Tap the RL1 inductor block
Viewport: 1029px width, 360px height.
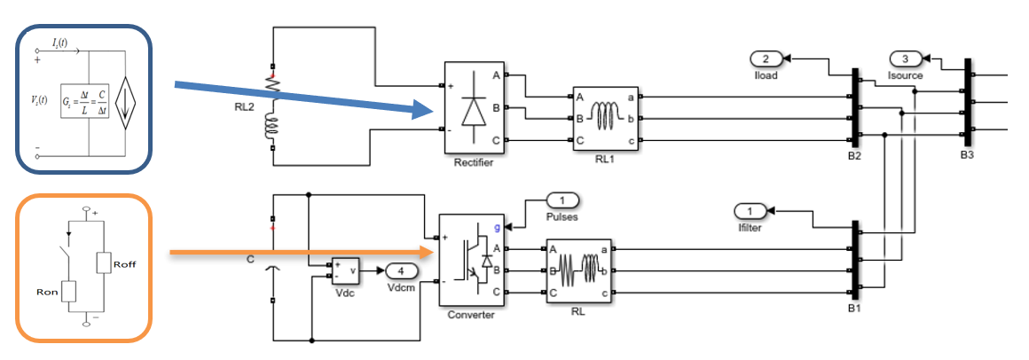(607, 119)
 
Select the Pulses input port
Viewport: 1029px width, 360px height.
(562, 201)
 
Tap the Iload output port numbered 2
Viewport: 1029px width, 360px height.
(766, 59)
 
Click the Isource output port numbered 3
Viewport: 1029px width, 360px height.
(905, 59)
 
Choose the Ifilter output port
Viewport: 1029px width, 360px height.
(750, 211)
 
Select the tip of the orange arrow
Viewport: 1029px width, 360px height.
(436, 253)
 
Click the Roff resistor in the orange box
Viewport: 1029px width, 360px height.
(104, 263)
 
